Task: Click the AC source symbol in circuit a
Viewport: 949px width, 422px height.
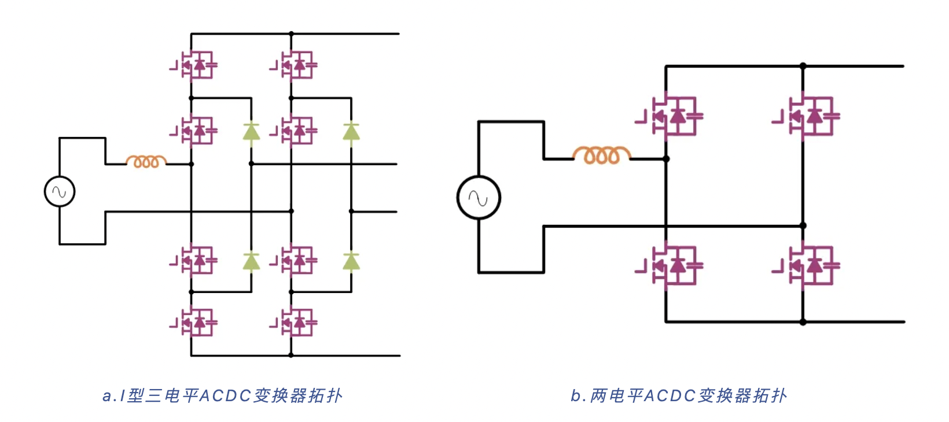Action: click(60, 191)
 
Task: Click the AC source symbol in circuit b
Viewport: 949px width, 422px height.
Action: click(479, 198)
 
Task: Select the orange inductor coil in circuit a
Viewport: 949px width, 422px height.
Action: click(146, 161)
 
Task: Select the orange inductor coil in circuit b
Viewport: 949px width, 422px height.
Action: click(601, 155)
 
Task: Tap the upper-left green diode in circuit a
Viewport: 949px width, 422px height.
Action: click(251, 132)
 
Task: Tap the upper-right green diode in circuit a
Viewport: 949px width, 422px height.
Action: click(351, 132)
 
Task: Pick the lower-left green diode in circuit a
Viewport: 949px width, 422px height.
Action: click(251, 261)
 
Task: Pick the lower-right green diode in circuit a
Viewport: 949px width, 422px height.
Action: click(351, 261)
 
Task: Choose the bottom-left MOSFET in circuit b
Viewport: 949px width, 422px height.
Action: click(672, 266)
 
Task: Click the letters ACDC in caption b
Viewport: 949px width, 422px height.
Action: click(670, 396)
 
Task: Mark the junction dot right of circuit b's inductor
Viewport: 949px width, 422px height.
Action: click(666, 158)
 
